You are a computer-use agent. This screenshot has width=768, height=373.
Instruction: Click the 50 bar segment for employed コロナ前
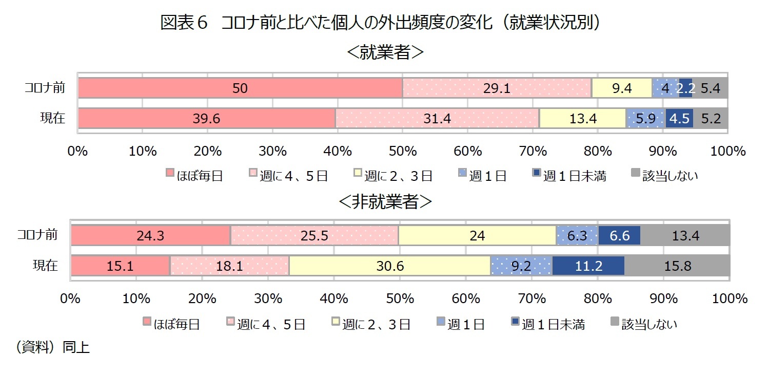point(240,88)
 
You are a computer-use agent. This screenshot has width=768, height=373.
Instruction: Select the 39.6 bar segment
point(207,119)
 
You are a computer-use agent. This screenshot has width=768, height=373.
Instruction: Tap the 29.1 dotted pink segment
point(497,88)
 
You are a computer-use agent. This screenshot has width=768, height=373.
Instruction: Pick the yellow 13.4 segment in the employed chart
point(582,119)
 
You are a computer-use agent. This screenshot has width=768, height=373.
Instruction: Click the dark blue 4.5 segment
point(679,119)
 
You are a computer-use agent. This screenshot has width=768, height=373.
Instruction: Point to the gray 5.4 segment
point(710,88)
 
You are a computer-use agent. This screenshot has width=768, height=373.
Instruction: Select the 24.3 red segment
point(150,235)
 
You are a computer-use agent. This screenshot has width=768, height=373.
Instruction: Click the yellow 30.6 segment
point(389,266)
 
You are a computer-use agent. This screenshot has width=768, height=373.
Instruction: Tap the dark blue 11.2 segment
point(588,266)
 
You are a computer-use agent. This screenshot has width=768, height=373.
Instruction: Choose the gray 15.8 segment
point(677,266)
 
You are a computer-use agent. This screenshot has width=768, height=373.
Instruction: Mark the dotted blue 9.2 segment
point(521,266)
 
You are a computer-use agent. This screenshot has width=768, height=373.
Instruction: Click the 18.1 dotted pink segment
point(229,266)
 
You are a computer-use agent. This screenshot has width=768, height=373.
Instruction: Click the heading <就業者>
point(385,52)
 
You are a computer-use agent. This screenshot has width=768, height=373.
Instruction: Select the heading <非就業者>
point(385,202)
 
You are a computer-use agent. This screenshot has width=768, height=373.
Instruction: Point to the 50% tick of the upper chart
point(403,151)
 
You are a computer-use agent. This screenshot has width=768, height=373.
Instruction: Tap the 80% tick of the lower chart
point(598,299)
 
